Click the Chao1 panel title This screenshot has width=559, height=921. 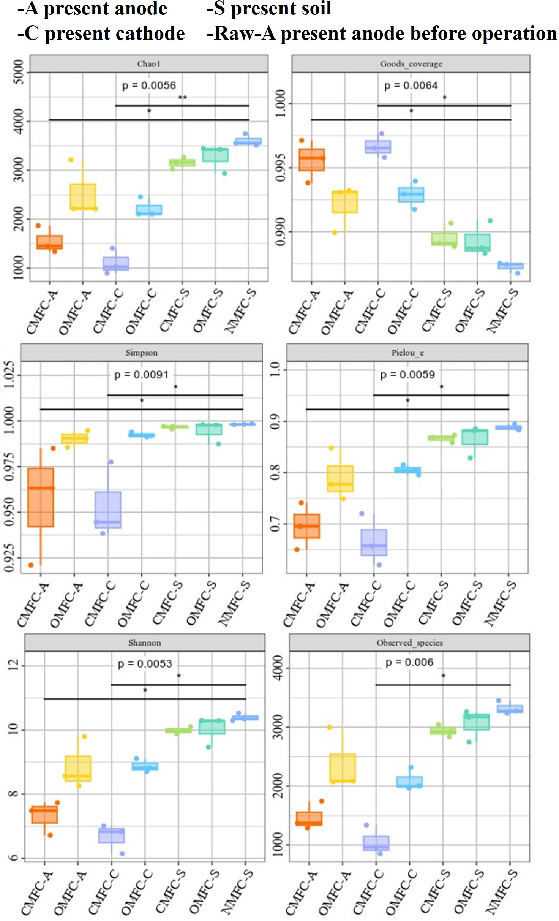[148, 64]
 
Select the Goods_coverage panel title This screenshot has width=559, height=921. [411, 64]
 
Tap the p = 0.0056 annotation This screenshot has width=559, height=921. [149, 85]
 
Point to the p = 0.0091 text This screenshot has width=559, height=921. [141, 375]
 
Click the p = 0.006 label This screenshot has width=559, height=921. [409, 662]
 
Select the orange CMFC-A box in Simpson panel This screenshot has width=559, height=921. [41, 497]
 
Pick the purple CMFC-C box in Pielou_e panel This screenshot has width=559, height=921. [374, 542]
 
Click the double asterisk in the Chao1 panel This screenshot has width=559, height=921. [182, 98]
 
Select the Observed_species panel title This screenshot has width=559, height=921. [409, 642]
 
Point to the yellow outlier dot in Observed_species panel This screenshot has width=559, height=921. [329, 727]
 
